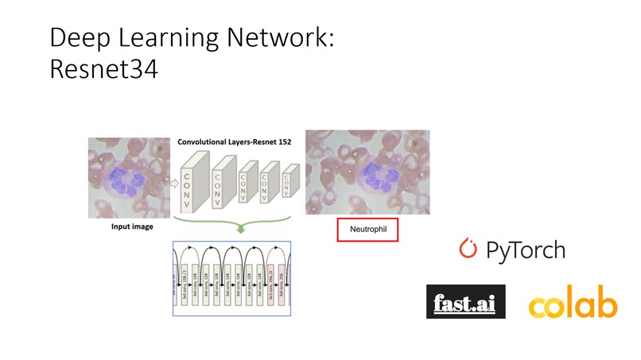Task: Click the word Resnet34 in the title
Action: pos(103,69)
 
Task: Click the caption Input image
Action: pos(130,227)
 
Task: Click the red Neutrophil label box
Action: pos(366,230)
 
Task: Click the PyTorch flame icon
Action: pos(468,249)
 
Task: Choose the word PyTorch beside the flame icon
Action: pos(526,250)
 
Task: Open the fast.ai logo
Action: pos(465,303)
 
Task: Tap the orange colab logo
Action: pos(573,305)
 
